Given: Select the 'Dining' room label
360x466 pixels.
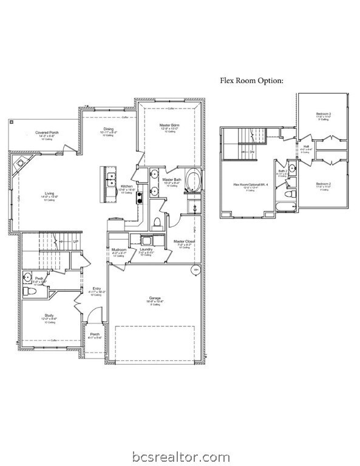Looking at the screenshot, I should [108, 129].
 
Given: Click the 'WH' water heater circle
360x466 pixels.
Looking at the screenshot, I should [195, 269].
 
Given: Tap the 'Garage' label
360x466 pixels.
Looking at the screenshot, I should [155, 298].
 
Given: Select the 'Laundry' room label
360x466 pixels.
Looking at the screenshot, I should [146, 249].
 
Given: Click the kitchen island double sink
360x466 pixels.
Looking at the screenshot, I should [110, 180].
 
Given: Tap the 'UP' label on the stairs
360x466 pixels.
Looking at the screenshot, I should [76, 241].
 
